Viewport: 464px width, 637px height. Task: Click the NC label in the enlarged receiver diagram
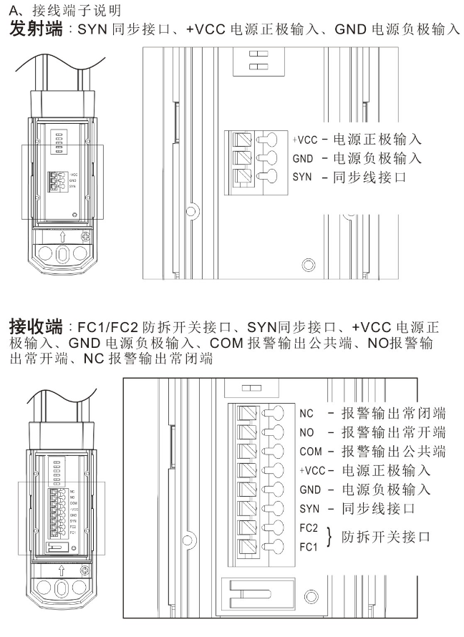pyautogui.click(x=306, y=413)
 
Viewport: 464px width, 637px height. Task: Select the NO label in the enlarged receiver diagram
pyautogui.click(x=306, y=432)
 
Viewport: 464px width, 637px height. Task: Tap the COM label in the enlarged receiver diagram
pyautogui.click(x=309, y=452)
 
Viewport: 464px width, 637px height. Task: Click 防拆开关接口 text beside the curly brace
pyautogui.click(x=386, y=536)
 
